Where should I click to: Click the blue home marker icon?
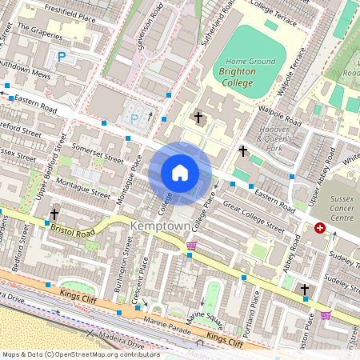tap(180, 173)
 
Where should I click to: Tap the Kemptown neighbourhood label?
tap(160, 227)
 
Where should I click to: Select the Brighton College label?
tap(238, 77)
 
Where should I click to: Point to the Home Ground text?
tap(250, 62)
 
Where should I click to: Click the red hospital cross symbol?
tap(321, 229)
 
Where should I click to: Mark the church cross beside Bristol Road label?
tap(54, 214)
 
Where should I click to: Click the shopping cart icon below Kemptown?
tap(190, 255)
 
